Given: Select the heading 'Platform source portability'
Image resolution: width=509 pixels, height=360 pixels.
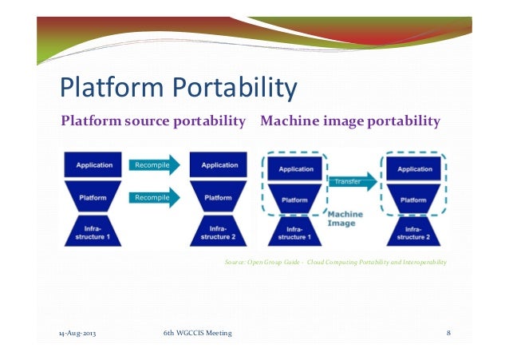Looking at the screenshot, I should coord(153,121).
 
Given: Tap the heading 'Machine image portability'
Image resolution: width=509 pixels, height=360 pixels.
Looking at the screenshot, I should coord(349,121).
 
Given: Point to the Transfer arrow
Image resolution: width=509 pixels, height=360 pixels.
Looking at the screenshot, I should coord(352,180).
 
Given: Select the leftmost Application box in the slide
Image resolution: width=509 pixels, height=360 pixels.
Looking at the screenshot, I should coord(93,165).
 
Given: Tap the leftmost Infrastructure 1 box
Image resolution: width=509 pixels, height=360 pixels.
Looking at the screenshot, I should coord(93,231).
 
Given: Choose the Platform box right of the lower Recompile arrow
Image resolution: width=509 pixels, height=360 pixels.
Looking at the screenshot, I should coord(218,197).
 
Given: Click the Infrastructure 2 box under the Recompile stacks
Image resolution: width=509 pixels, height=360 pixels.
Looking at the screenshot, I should coord(218,231).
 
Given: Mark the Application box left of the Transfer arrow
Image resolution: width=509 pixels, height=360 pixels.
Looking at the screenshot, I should coord(295,169).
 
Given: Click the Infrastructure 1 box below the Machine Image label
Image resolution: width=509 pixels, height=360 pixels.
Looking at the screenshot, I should coord(295,232).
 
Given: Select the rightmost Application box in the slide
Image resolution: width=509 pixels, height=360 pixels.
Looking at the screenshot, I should coord(414,169).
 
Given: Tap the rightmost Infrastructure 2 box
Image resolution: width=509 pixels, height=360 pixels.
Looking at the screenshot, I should coord(414,232).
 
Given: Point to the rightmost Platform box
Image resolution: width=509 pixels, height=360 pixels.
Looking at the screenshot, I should coord(414,200).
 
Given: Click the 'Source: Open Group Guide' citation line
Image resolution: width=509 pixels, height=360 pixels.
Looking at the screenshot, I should coord(336,262).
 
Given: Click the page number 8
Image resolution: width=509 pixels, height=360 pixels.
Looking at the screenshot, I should coord(448,333).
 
